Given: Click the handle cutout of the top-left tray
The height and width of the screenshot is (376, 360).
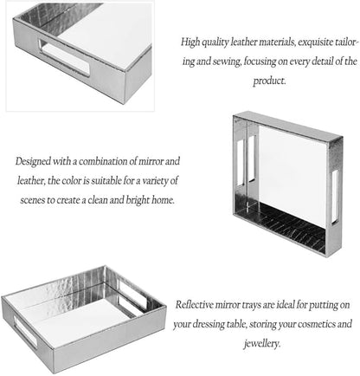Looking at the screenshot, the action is click(64, 57).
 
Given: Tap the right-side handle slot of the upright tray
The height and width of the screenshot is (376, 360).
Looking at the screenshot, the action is click(335, 197).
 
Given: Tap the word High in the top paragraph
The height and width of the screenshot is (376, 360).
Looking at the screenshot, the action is click(190, 42).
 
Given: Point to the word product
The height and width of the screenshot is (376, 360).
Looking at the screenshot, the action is click(269, 81).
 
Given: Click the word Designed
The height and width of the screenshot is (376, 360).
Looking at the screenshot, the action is click(33, 161).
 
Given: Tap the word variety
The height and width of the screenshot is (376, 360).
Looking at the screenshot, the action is click(154, 181).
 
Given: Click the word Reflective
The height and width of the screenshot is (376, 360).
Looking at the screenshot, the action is click(194, 305).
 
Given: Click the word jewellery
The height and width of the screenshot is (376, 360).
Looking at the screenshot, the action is click(261, 344).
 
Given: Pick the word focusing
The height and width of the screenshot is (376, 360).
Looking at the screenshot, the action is click(260, 62).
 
